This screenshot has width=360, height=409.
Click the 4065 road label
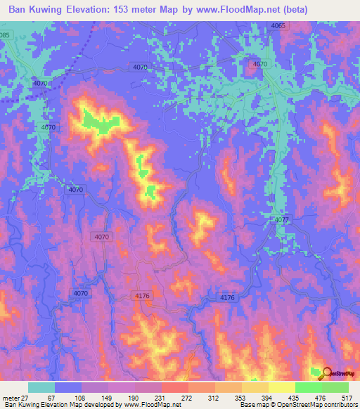point(278,26)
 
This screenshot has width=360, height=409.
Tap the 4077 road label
point(282,221)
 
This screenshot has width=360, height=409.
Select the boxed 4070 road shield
point(101,238)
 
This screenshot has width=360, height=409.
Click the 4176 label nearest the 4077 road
point(227,299)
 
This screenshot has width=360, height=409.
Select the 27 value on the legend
point(25,397)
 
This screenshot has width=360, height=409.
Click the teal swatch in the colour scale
point(41,387)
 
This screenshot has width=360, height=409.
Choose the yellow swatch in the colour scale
point(255,387)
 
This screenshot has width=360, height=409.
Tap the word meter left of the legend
point(10,397)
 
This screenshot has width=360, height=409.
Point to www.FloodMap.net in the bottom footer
point(147,405)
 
